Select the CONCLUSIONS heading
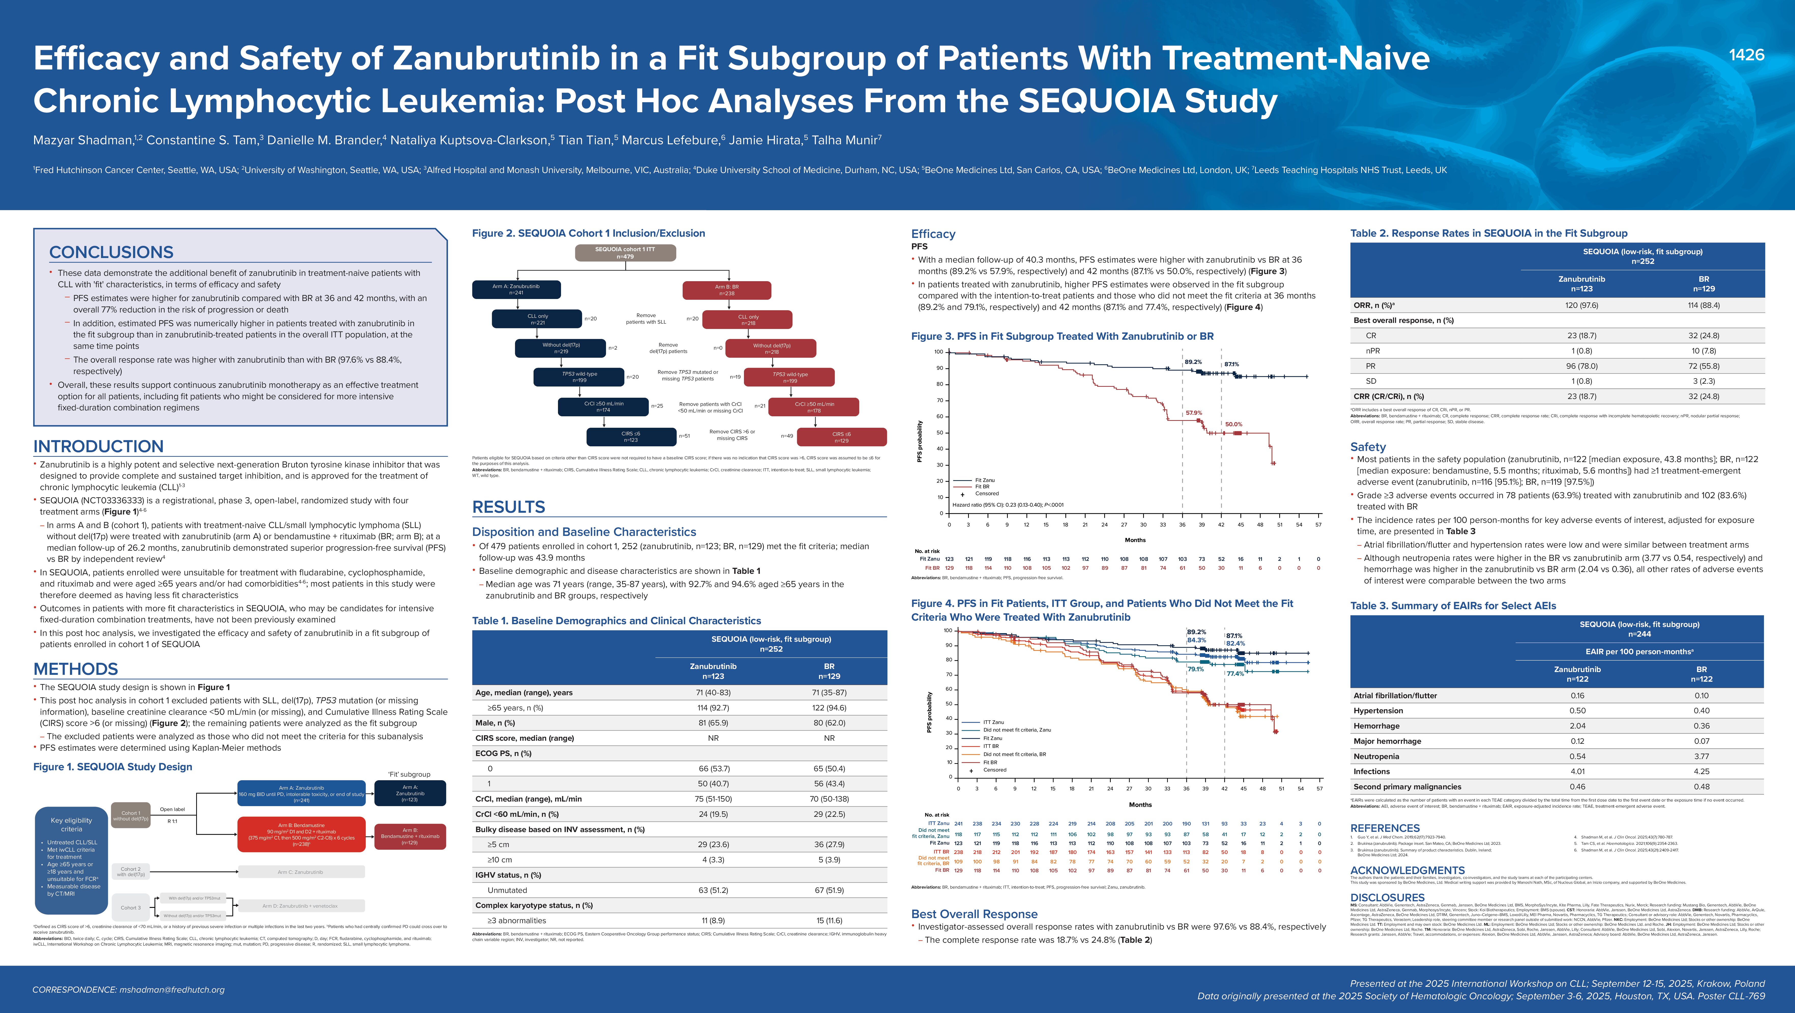point(111,252)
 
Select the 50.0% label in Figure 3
point(1233,424)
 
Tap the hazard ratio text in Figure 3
point(1008,504)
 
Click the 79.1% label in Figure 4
point(1195,669)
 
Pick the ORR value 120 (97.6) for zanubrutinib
point(1581,305)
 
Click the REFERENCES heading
point(1385,828)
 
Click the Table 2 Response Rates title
point(1488,233)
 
